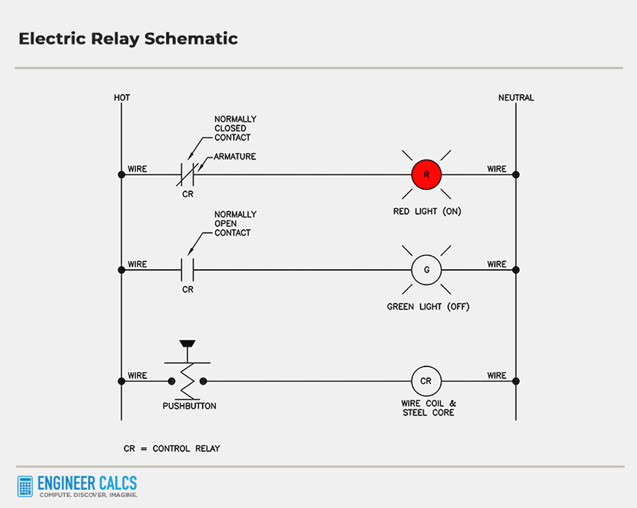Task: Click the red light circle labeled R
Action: (x=426, y=175)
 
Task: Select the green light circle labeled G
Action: (x=426, y=270)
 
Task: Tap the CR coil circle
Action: (x=426, y=381)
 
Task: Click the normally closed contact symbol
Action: (x=188, y=175)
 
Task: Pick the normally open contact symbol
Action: (x=188, y=270)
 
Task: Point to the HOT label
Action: (x=122, y=97)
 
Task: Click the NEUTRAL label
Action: (x=516, y=97)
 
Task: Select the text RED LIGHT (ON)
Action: (x=427, y=211)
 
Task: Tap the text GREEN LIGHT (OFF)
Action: (x=427, y=306)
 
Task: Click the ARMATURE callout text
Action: (x=234, y=157)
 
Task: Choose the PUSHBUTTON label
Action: (x=189, y=406)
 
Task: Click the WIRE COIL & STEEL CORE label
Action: (x=428, y=408)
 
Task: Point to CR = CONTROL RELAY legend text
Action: (x=172, y=449)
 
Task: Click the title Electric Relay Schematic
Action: (x=128, y=39)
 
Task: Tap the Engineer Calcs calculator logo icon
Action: (x=26, y=486)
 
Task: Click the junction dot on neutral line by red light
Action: (x=516, y=175)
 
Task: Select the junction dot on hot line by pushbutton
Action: (x=121, y=381)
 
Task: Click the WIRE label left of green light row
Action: (x=137, y=264)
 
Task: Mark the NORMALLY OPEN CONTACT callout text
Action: (x=235, y=224)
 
